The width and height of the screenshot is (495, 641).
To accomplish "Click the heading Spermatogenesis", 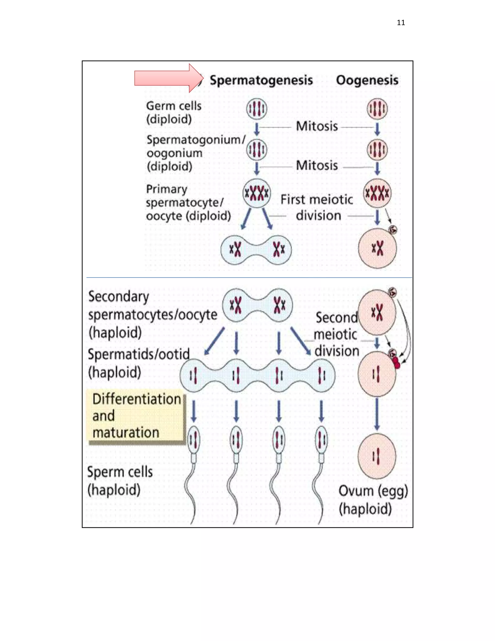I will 261,80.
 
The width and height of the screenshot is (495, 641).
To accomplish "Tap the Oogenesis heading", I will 367,80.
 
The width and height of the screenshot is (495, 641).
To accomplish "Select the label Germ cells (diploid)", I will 174,112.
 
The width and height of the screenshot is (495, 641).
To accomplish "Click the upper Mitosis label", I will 317,127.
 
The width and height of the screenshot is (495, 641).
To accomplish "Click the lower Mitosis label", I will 317,165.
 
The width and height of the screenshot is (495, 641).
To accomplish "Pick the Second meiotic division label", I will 337,334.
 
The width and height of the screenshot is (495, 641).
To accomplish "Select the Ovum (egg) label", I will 373,491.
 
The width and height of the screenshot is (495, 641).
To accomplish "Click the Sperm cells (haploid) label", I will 120,481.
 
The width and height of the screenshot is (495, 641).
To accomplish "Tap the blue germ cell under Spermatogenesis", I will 257,109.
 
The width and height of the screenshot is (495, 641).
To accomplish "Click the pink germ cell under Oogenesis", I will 377,109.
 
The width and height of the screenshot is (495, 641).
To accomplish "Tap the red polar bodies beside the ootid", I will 396,363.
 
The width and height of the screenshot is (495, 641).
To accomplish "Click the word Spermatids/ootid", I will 138,354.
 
